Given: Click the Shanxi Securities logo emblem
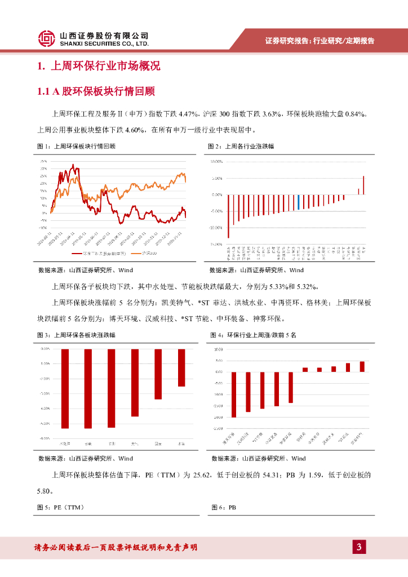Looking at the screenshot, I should pyautogui.click(x=47, y=38).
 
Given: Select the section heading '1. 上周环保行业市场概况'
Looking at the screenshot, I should pyautogui.click(x=99, y=66).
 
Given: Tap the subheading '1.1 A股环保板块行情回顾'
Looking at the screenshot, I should pyautogui.click(x=96, y=91).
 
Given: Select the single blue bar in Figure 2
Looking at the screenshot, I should pyautogui.click(x=298, y=202).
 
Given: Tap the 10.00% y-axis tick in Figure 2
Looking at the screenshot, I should pyautogui.click(x=217, y=162).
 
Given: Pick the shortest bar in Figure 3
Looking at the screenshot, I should pyautogui.click(x=181, y=367).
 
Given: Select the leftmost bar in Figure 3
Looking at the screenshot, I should pyautogui.click(x=65, y=388).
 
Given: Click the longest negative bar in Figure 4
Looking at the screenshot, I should pyautogui.click(x=234, y=394).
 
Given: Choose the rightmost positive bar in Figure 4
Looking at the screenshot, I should pyautogui.click(x=362, y=367).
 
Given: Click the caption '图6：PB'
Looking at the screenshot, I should pyautogui.click(x=224, y=507).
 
